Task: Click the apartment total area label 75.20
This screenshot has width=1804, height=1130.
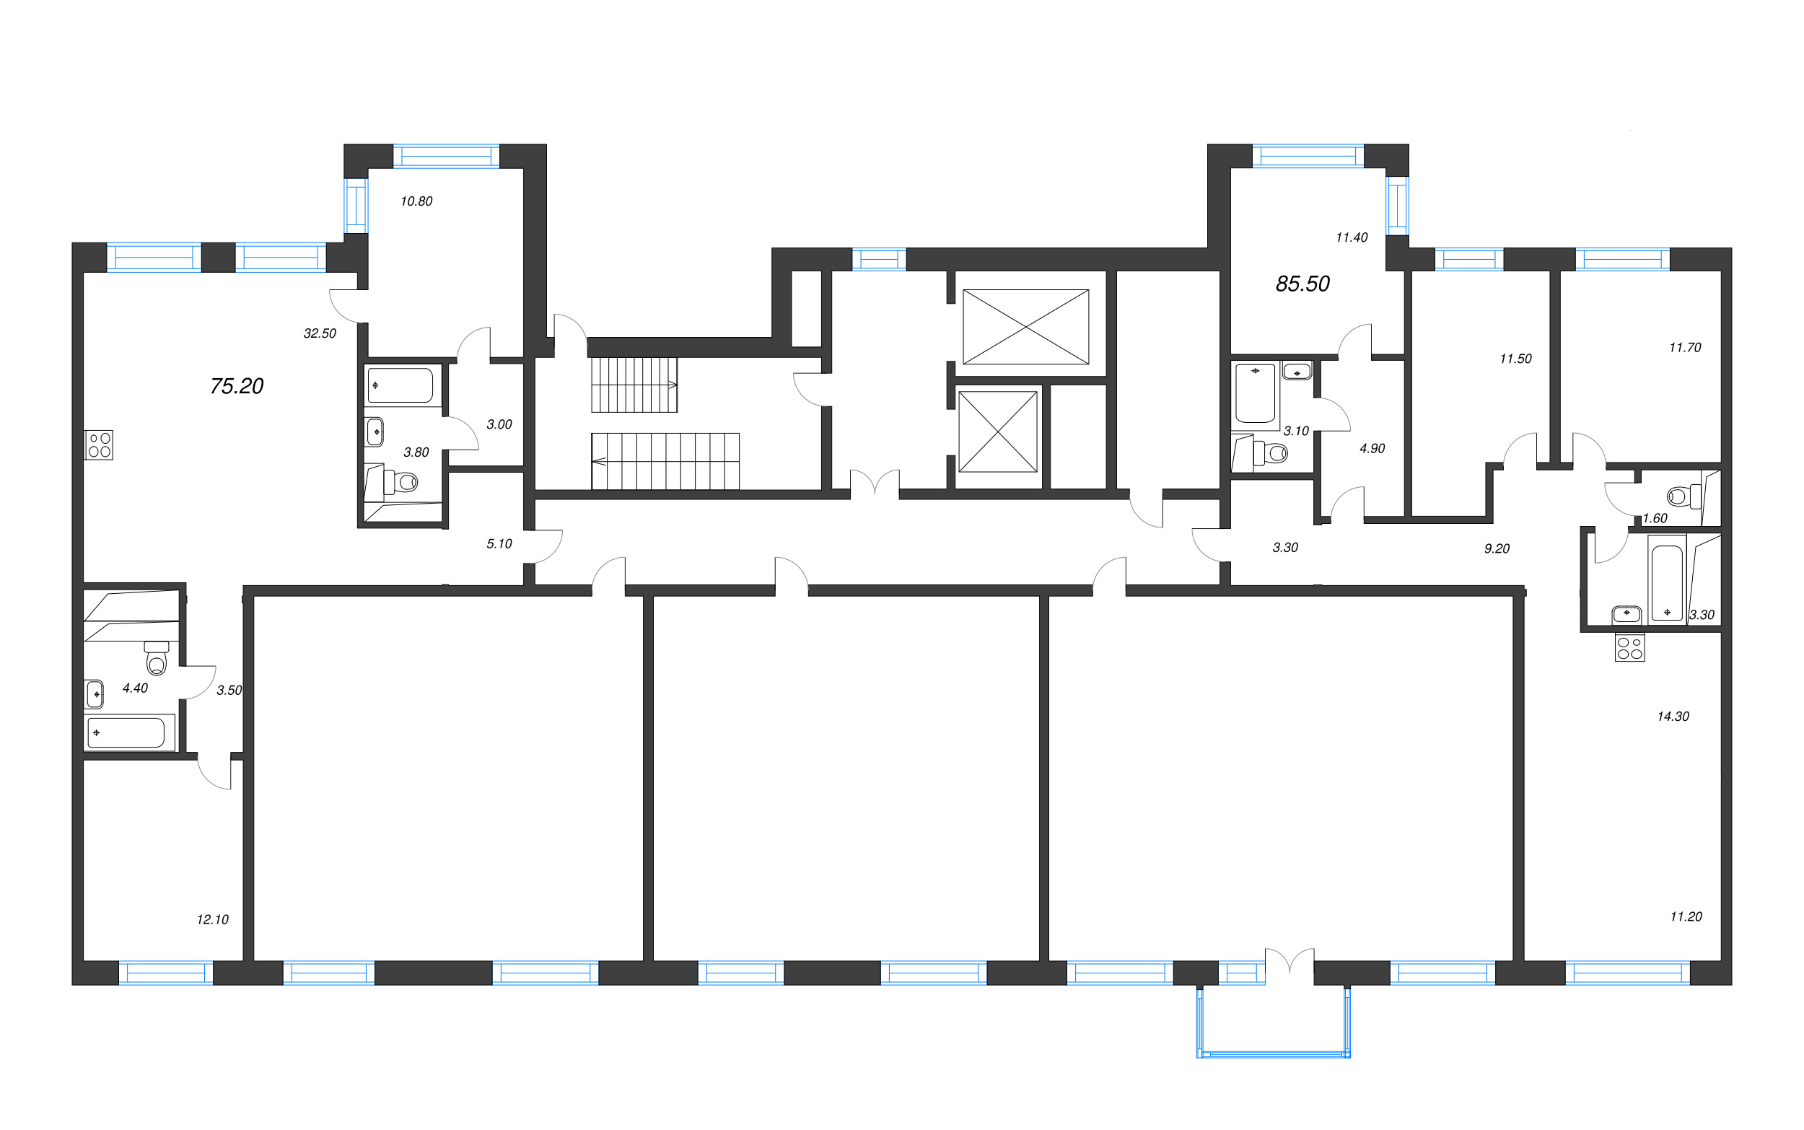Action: tap(237, 386)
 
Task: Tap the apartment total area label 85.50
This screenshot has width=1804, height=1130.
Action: tap(1302, 284)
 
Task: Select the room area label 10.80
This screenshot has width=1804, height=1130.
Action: tap(416, 201)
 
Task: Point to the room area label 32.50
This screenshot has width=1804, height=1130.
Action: tap(319, 333)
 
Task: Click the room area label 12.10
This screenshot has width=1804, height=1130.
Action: tap(212, 919)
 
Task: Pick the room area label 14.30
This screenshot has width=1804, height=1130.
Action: tap(1673, 716)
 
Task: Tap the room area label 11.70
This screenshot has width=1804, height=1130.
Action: tap(1684, 347)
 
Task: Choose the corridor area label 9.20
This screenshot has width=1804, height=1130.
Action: tap(1496, 548)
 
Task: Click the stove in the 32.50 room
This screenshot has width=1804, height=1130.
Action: tap(99, 444)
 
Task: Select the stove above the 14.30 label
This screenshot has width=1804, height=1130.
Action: tap(1629, 647)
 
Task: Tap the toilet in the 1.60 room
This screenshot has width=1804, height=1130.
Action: tap(1682, 496)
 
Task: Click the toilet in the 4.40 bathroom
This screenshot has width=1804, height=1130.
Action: tap(156, 658)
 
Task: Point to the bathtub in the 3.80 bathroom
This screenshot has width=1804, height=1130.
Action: tap(401, 385)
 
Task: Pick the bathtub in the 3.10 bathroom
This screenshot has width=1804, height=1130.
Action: tap(1255, 393)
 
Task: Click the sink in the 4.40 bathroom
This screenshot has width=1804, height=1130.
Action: tap(95, 693)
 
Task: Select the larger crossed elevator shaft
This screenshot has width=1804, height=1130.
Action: tap(1025, 327)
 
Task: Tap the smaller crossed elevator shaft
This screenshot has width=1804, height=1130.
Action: tap(998, 432)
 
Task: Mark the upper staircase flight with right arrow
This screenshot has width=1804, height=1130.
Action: tap(634, 385)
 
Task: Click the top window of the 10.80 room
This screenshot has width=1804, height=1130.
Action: tap(445, 156)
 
